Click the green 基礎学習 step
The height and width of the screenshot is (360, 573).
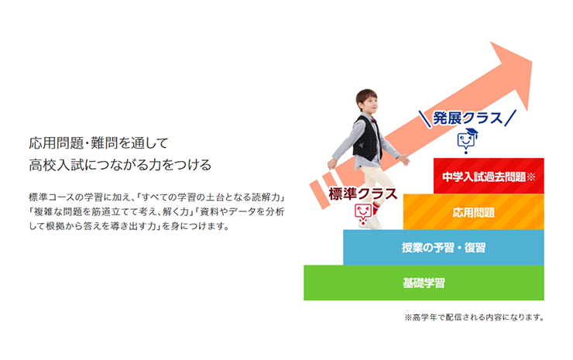424,283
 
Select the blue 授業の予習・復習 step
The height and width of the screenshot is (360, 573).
443,248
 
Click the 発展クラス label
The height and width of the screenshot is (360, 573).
467,118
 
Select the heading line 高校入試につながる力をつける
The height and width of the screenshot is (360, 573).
119,164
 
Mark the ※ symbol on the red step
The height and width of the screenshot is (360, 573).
531,177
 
